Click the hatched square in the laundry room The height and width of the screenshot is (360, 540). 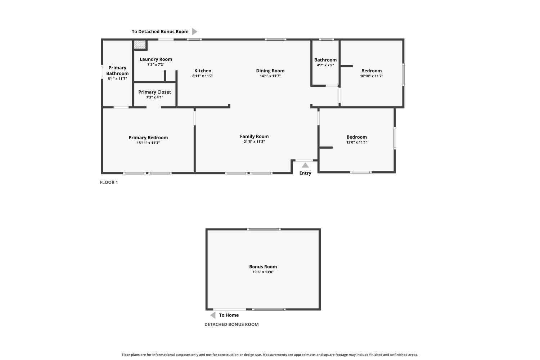(x=140, y=44)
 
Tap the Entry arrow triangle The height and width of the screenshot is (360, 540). (x=305, y=165)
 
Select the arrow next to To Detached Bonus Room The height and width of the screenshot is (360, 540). (x=194, y=32)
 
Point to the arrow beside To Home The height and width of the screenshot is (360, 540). (x=213, y=315)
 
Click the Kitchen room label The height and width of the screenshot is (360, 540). (x=203, y=71)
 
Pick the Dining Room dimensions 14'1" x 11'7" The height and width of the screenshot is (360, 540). (x=270, y=76)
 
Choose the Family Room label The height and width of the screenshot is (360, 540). (x=254, y=136)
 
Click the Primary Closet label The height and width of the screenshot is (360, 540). (x=154, y=92)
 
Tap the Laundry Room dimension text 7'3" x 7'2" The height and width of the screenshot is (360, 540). (x=156, y=65)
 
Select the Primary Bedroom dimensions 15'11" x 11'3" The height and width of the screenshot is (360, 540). (x=148, y=143)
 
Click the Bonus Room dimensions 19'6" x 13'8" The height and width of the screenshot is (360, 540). (x=263, y=272)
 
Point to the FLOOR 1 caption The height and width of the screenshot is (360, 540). (x=109, y=183)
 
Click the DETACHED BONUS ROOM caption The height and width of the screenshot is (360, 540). (x=231, y=325)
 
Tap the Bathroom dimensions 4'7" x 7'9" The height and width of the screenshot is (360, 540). (x=325, y=65)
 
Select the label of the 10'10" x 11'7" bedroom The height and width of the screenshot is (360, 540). (x=372, y=71)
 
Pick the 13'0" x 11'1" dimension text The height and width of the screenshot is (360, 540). (x=357, y=142)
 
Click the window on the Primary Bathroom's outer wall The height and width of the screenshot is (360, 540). (x=102, y=72)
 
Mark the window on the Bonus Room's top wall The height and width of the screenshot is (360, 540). (x=264, y=229)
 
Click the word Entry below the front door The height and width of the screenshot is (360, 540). (x=305, y=173)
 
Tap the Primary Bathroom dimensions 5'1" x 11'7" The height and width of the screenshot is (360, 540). (x=117, y=78)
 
